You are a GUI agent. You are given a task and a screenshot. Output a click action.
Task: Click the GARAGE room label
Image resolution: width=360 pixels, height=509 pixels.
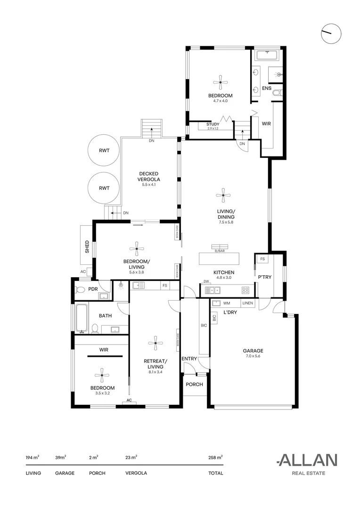(253, 351)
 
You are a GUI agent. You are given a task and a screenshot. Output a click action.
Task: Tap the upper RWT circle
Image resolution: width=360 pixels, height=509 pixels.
(104, 151)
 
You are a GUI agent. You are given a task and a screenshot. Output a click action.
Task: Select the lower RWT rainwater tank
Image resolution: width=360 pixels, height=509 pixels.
(104, 188)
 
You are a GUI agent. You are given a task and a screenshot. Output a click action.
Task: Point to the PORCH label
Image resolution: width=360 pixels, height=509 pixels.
(194, 385)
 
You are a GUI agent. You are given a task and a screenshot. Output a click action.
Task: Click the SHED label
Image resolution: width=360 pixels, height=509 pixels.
(87, 247)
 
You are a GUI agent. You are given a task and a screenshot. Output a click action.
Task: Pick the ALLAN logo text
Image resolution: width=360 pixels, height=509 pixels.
(307, 460)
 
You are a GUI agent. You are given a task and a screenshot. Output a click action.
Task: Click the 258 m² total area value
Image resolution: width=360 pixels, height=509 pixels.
(215, 457)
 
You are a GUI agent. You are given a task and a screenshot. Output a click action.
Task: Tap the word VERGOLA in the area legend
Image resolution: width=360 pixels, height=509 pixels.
(136, 473)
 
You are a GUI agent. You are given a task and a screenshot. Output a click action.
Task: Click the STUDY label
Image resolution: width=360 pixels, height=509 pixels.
(213, 124)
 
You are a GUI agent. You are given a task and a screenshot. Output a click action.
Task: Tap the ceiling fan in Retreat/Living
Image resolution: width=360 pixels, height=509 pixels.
(155, 343)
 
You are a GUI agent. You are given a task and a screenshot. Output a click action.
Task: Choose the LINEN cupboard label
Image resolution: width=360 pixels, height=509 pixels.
(247, 303)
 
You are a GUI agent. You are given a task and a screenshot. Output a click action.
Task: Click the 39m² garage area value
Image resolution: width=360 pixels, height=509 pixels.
(61, 457)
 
